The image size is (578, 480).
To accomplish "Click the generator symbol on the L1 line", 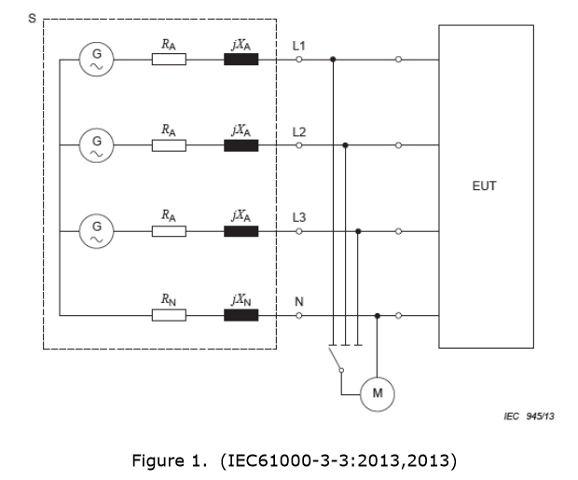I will click(95, 60).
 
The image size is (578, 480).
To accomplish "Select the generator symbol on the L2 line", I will click(95, 144).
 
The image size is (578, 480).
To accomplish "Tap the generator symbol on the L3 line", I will click(95, 229).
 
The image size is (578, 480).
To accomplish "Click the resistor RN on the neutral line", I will click(169, 315).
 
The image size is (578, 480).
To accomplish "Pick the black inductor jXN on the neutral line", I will click(241, 315).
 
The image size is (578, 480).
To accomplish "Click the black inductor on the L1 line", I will click(241, 60).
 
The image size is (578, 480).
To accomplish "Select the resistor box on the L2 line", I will click(169, 144).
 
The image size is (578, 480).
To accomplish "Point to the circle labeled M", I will click(377, 393).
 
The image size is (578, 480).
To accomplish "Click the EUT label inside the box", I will click(485, 186).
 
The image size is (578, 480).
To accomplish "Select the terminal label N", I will click(298, 302).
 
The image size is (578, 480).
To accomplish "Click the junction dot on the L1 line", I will click(333, 60).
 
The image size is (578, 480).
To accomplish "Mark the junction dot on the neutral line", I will click(377, 315).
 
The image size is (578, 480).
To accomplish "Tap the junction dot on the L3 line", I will click(359, 229).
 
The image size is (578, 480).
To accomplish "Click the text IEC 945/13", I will click(535, 416).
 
